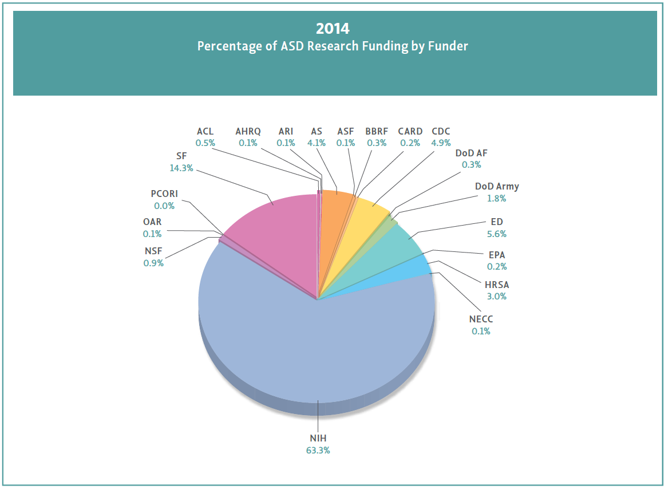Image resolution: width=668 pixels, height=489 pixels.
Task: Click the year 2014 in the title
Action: click(x=333, y=27)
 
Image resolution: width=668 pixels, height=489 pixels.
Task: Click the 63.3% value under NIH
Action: click(x=318, y=450)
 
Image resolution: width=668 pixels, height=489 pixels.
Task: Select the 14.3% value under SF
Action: click(x=181, y=168)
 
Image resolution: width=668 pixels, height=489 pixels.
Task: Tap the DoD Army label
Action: click(x=497, y=186)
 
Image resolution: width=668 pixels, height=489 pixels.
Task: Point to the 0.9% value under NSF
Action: click(x=153, y=263)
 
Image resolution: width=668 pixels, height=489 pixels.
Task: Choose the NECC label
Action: click(x=481, y=319)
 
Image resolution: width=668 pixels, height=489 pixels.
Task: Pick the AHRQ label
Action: click(x=248, y=132)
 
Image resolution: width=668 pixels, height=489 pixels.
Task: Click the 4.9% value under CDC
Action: click(x=441, y=143)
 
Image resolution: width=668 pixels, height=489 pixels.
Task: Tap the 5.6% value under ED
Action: click(x=496, y=234)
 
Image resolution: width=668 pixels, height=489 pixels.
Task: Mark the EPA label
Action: click(x=496, y=255)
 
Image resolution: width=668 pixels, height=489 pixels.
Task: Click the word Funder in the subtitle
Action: click(x=448, y=46)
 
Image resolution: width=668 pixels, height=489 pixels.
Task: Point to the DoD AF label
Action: click(x=471, y=153)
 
